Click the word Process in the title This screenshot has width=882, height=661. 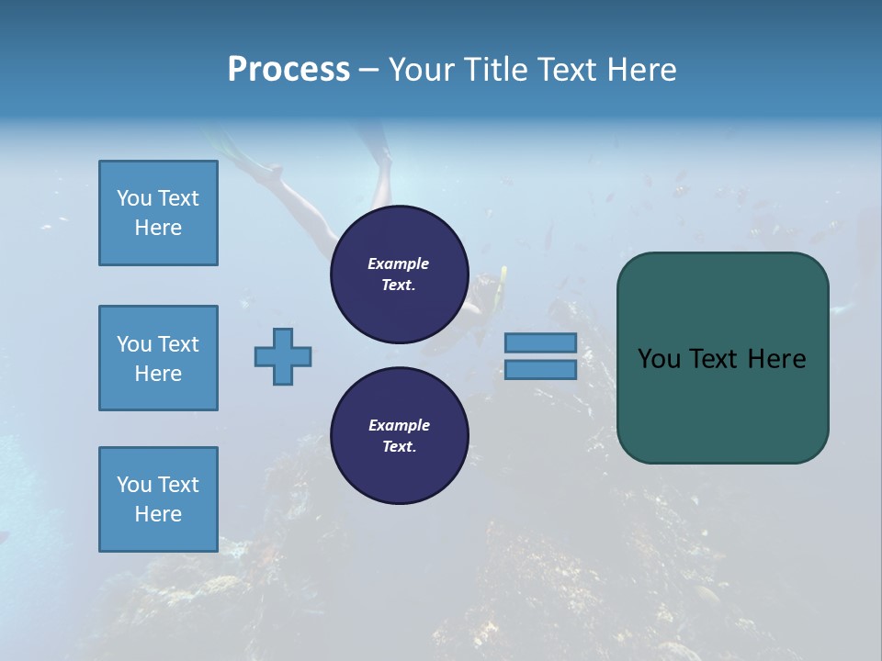288,70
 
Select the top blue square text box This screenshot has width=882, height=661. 158,213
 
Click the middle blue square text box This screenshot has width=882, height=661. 158,358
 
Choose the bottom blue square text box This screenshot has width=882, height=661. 158,499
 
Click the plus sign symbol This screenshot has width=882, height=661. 283,356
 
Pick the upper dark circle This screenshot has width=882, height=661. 399,274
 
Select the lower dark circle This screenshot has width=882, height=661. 399,435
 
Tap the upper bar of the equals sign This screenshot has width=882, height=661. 540,342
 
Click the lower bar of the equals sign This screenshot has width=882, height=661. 540,369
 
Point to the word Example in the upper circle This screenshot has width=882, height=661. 399,263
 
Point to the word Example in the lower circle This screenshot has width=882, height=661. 399,425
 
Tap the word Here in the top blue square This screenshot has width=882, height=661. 158,228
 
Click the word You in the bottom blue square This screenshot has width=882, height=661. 134,485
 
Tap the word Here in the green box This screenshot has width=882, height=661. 776,359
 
